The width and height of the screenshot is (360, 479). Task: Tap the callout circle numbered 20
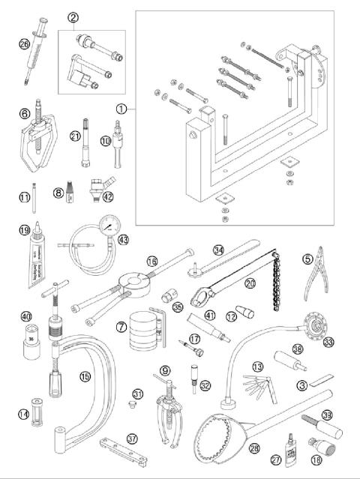(250, 284)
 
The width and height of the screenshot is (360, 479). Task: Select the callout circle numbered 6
(24, 112)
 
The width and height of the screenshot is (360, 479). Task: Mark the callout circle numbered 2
(73, 16)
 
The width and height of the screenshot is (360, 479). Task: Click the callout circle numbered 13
(257, 367)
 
